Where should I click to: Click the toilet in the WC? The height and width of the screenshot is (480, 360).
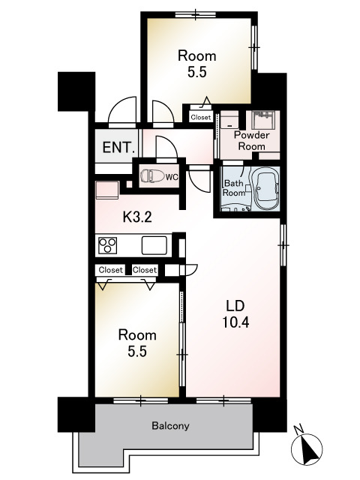(150, 176)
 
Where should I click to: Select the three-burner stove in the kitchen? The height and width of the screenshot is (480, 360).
(107, 245)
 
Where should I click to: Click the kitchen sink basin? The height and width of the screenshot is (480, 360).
(154, 245)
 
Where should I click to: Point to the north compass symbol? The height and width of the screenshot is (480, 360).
(307, 448)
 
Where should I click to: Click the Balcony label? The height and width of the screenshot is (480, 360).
(170, 425)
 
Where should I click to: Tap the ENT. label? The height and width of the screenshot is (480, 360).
(118, 148)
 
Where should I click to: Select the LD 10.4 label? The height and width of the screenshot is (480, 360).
(235, 313)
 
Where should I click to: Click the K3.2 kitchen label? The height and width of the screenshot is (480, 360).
(137, 217)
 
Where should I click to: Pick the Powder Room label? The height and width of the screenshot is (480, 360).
(252, 140)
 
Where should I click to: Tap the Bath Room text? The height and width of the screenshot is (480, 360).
(234, 188)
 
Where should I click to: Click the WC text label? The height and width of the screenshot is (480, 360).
(172, 177)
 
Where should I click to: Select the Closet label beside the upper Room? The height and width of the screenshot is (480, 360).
(201, 117)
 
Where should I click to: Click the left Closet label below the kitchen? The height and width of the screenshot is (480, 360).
(110, 270)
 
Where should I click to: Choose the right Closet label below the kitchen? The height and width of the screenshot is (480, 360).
(145, 270)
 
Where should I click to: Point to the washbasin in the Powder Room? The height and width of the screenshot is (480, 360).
(263, 120)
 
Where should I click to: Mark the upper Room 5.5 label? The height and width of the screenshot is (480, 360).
(196, 64)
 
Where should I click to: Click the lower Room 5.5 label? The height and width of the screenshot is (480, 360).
(137, 343)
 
